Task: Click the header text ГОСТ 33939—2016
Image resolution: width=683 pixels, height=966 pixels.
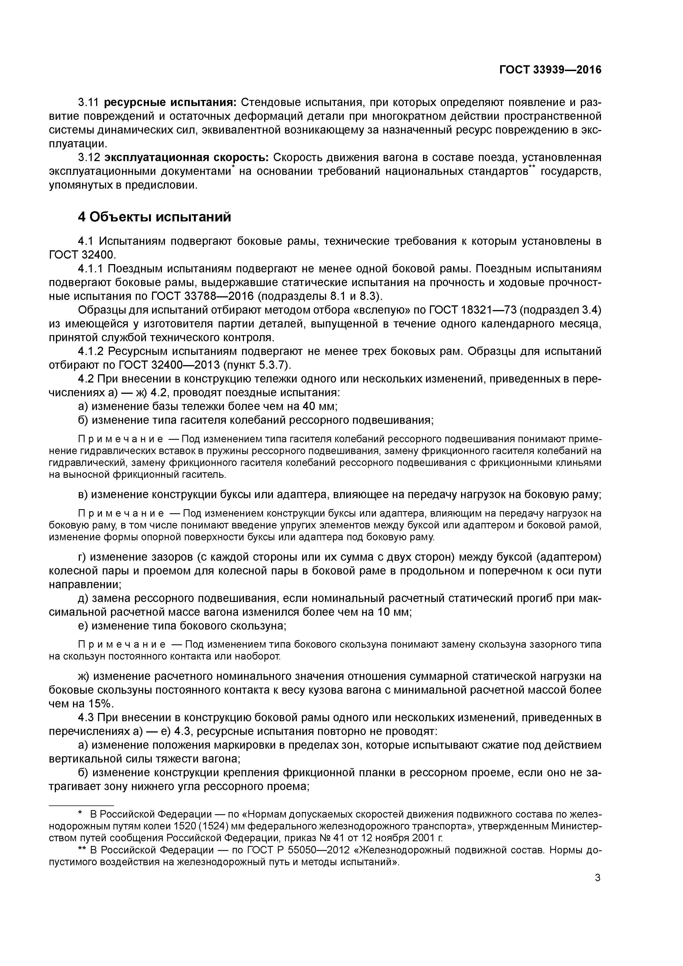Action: point(551,70)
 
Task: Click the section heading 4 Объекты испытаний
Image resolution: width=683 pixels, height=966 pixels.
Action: point(155,217)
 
